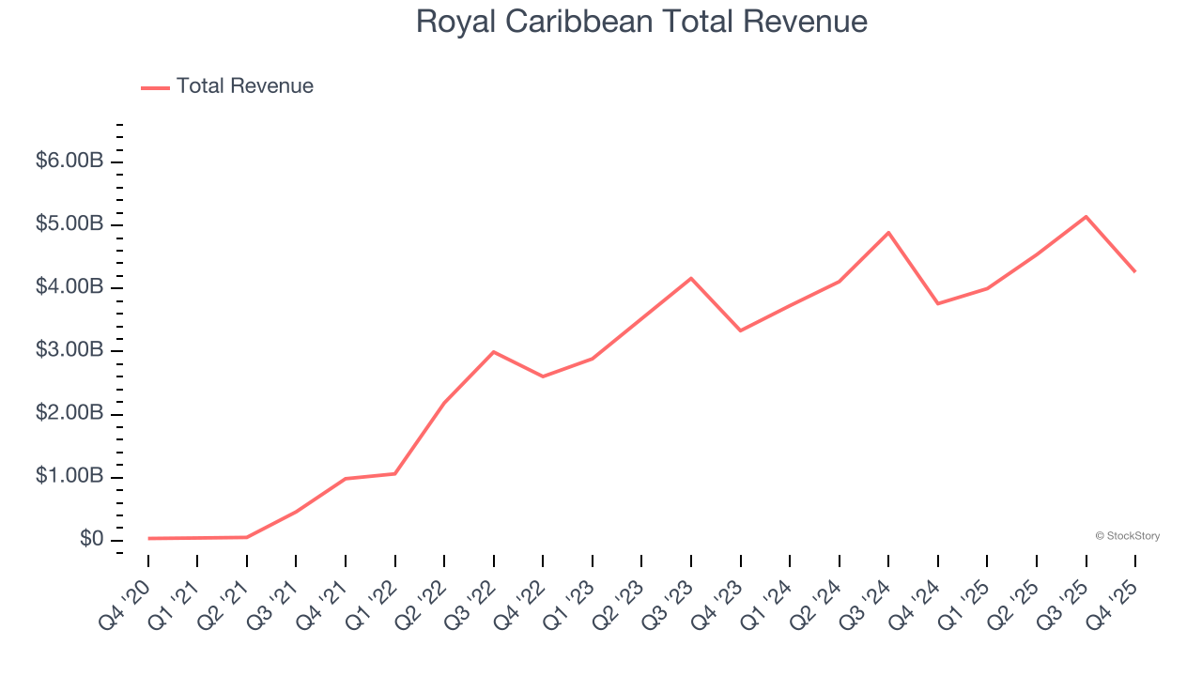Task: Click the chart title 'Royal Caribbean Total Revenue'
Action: pyautogui.click(x=641, y=22)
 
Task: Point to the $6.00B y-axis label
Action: pyautogui.click(x=69, y=161)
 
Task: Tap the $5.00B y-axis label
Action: pyautogui.click(x=69, y=224)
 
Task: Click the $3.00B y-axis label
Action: pyautogui.click(x=69, y=350)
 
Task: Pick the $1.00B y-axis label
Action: pyautogui.click(x=69, y=476)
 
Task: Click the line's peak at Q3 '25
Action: pyautogui.click(x=1086, y=217)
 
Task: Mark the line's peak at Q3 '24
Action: pyautogui.click(x=888, y=233)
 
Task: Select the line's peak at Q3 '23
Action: pyautogui.click(x=691, y=278)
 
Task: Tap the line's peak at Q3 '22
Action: pyautogui.click(x=494, y=352)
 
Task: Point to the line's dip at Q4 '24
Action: pyautogui.click(x=938, y=303)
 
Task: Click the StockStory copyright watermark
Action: pyautogui.click(x=1127, y=536)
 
